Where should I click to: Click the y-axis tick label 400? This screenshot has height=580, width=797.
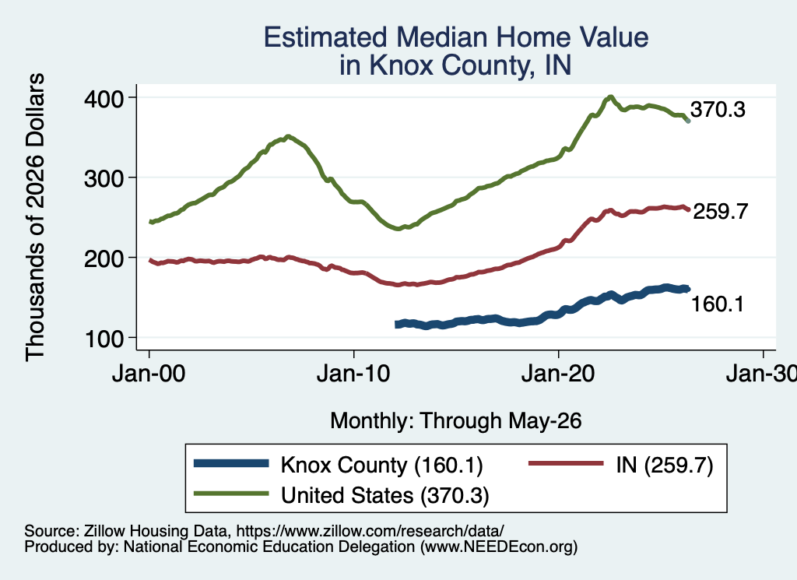coord(104,99)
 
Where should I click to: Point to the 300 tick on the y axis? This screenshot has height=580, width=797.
coord(104,178)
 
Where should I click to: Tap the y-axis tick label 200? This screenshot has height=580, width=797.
coord(104,258)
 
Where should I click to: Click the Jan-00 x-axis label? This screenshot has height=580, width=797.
coord(149,374)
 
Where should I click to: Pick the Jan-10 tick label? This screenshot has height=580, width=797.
coord(353,374)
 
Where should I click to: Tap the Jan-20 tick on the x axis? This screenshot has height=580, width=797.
coord(558,374)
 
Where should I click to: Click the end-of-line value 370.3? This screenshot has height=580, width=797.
coord(718,109)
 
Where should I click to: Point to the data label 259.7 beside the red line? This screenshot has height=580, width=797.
coord(721,211)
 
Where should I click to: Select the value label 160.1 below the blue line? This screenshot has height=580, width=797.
coord(718,304)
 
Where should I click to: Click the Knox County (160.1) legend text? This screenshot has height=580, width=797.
coord(381,465)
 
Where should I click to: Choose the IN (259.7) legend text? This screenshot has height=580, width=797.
coord(665,465)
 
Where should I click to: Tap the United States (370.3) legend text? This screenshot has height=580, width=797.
coord(385,495)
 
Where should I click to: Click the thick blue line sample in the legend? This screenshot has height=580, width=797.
coord(231,463)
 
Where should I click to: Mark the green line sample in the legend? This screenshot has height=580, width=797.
coord(231,494)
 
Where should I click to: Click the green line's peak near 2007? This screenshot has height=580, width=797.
coord(288,136)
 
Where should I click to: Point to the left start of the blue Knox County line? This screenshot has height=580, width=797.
coord(396,325)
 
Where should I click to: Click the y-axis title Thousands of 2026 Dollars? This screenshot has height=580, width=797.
coord(35,217)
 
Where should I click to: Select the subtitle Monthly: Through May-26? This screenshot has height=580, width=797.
coord(456,421)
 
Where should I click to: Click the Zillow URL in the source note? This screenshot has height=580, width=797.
coord(370,531)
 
